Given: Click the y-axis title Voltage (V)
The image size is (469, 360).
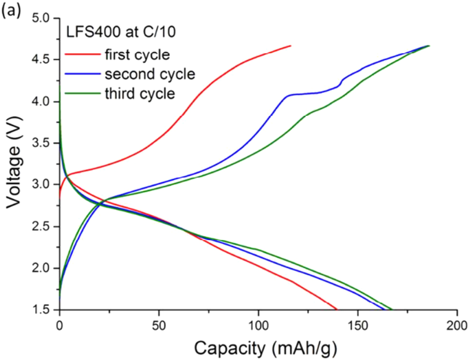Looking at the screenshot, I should (15, 164).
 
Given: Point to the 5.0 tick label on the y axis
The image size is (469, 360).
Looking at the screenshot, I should (43, 18).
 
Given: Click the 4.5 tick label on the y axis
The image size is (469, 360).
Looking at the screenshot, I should (43, 60).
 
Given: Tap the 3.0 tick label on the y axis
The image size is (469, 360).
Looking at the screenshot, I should (43, 185).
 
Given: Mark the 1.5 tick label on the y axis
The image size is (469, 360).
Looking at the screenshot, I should (43, 310).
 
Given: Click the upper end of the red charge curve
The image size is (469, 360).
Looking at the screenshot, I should (290, 46).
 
